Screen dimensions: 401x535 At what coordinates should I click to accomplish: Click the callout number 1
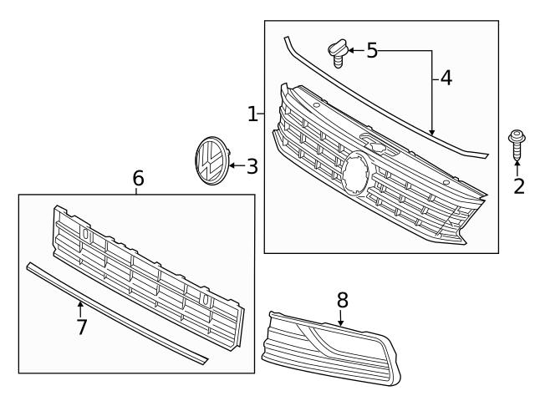pos(252,114)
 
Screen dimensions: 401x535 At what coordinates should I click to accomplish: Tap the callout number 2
pos(518,185)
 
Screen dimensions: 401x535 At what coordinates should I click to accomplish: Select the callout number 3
pos(252,166)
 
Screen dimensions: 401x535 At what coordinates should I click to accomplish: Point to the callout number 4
pos(446,78)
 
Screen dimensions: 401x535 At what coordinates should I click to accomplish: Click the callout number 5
pos(372,51)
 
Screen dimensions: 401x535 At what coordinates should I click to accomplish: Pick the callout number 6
pos(138,178)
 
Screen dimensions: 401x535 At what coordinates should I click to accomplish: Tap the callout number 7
pos(81,327)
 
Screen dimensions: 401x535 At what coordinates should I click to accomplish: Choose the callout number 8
pos(342,299)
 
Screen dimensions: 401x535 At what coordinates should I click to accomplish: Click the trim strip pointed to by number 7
pos(117,314)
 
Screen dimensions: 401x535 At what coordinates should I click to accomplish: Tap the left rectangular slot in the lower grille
pos(86,236)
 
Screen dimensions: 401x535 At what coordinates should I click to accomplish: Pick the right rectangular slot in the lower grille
pos(204,297)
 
